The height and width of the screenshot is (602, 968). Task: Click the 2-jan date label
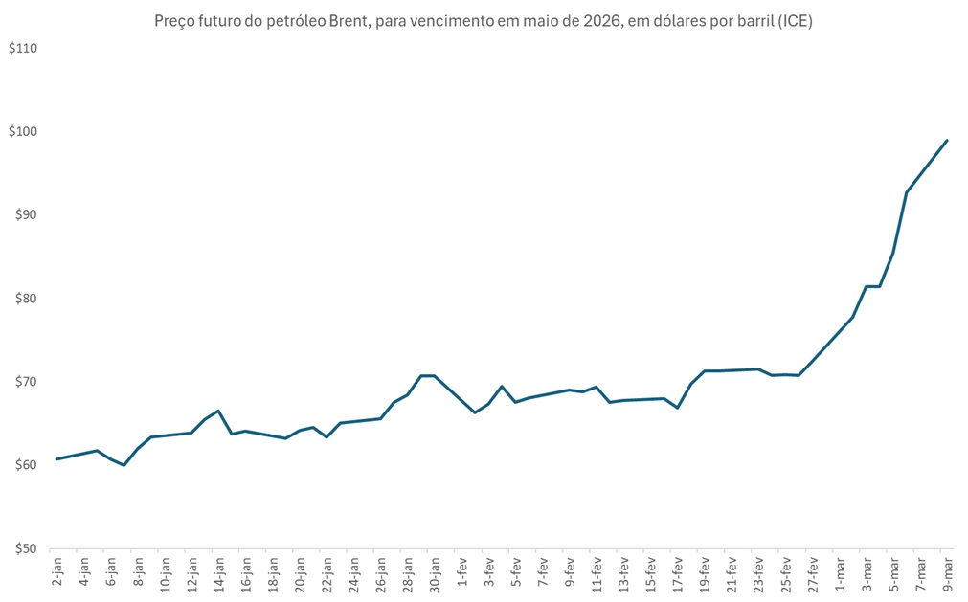coord(57,574)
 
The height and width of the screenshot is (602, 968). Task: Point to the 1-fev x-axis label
coord(461,574)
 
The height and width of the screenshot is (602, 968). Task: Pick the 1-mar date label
coord(839,574)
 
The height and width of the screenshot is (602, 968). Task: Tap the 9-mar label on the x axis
coord(947,574)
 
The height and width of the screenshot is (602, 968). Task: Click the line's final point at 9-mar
coord(947,141)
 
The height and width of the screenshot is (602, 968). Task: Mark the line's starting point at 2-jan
coord(56,459)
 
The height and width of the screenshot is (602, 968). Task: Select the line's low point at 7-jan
coord(124,465)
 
